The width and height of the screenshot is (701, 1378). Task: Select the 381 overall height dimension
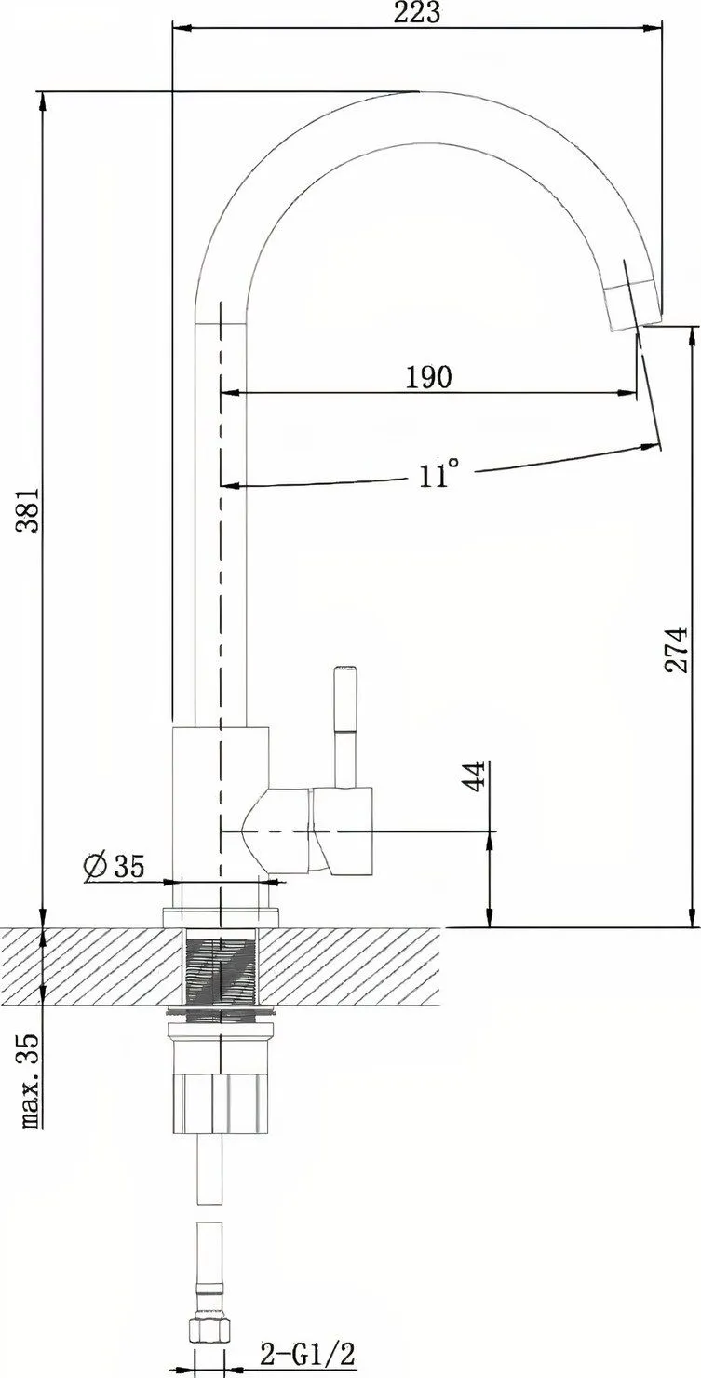[x=28, y=510]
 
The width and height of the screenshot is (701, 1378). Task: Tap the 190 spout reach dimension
[x=428, y=376]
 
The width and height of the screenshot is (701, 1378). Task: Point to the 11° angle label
[x=439, y=474]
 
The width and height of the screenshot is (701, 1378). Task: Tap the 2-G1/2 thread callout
[x=309, y=1354]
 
